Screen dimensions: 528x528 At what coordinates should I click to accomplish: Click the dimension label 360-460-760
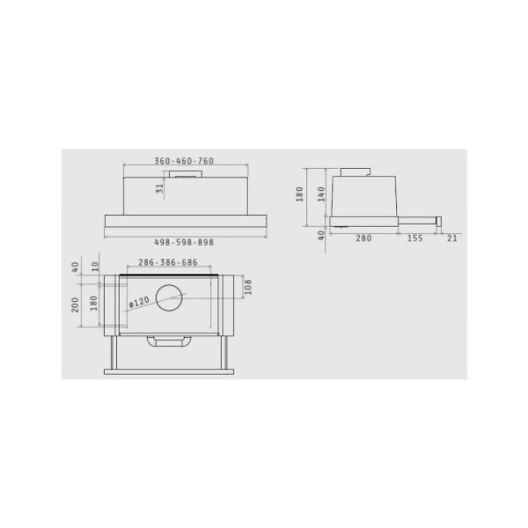[x=184, y=161]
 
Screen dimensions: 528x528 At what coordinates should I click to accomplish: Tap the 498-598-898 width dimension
[x=184, y=242]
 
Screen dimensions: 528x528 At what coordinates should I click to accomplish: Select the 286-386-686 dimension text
[x=168, y=262]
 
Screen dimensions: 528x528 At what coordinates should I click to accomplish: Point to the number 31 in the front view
[x=160, y=189]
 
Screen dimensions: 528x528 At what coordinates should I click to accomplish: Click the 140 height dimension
[x=321, y=194]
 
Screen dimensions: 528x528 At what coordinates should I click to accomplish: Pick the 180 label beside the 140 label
[x=299, y=195]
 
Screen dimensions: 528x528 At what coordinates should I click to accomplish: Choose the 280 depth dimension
[x=364, y=238]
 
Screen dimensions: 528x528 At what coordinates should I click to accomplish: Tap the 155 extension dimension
[x=415, y=238]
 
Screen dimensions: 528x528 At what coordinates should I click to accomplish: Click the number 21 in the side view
[x=453, y=238]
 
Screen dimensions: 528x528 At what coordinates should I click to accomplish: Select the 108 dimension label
[x=248, y=287]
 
